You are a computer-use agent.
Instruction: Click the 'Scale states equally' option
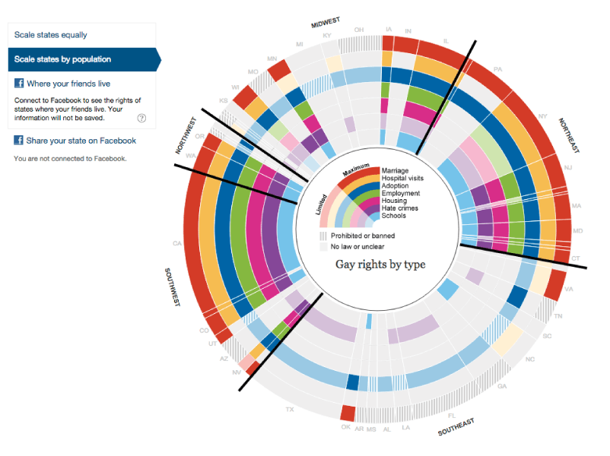tap(51, 35)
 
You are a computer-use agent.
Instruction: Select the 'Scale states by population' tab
tap(63, 59)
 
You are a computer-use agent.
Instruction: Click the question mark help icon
tap(141, 118)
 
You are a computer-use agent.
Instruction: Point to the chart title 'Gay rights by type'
tap(380, 264)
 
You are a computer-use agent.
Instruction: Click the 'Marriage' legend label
tap(396, 169)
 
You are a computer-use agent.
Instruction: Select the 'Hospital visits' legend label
tap(403, 178)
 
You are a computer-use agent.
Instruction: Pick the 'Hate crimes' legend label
tap(400, 208)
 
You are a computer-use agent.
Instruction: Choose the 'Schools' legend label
tap(395, 216)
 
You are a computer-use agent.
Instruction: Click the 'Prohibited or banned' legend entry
tap(362, 236)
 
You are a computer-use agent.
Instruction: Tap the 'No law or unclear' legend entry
tap(357, 247)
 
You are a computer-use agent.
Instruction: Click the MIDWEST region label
tap(325, 21)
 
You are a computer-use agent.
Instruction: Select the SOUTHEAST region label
tap(456, 426)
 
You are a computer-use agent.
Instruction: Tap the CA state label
tap(176, 244)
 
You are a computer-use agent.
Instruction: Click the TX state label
tap(289, 410)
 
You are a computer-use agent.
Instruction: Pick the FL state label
tap(452, 416)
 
